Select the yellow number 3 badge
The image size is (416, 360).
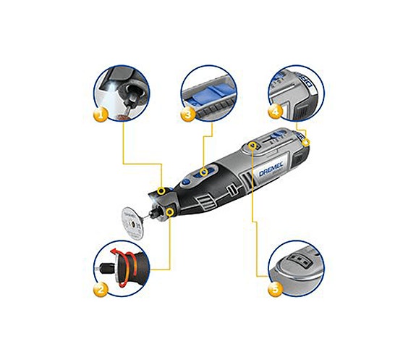pos(187,114)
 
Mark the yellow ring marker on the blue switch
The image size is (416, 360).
pos(205,173)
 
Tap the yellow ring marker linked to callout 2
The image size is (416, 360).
pos(170,212)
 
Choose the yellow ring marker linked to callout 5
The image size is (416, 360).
pos(251,146)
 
